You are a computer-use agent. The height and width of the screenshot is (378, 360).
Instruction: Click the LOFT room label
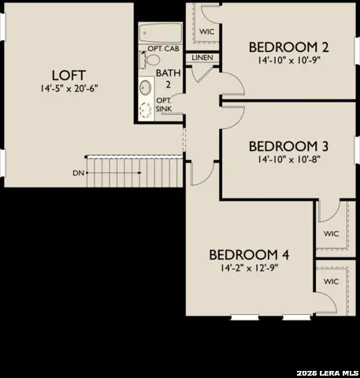(68, 75)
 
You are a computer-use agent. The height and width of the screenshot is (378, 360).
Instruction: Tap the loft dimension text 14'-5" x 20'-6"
(68, 88)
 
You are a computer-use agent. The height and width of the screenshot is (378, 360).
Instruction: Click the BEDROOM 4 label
(249, 254)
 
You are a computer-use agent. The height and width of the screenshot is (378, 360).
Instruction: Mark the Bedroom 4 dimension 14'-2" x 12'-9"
(249, 268)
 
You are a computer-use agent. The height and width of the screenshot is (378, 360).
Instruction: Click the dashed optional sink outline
(147, 109)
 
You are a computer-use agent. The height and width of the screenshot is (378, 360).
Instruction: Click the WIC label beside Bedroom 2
(207, 31)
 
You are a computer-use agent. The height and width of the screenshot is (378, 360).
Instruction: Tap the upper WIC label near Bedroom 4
(331, 234)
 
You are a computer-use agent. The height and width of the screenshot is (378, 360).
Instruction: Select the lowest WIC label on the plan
(331, 281)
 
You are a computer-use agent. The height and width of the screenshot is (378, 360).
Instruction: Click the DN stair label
(77, 172)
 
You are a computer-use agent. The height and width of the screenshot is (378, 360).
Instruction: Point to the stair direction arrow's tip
(87, 172)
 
